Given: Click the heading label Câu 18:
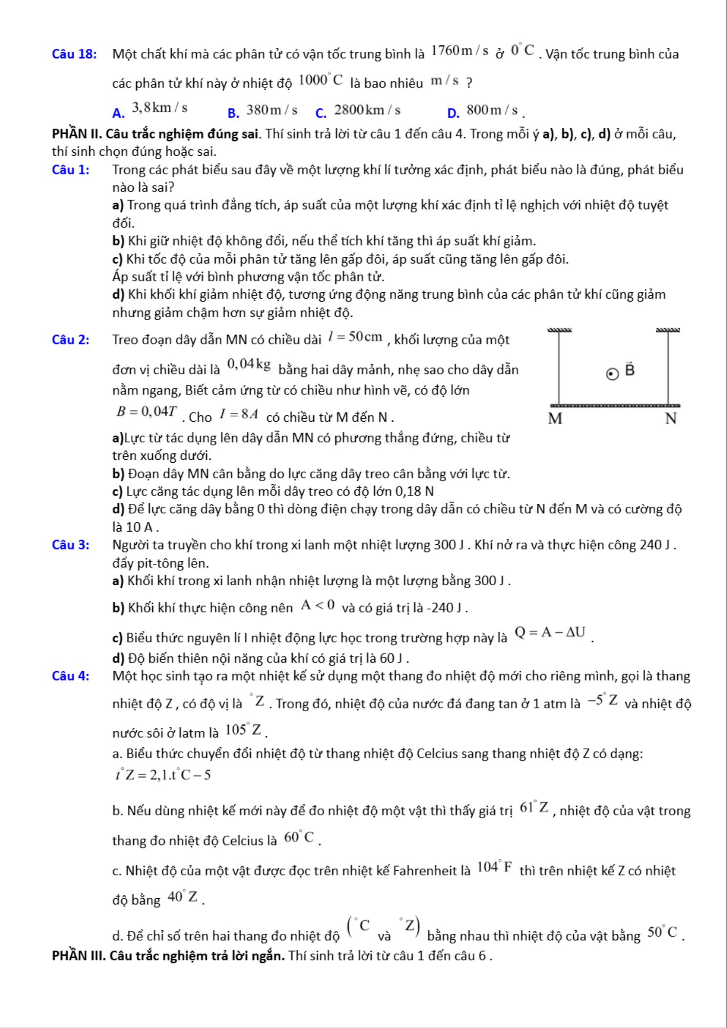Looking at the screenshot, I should [74, 54].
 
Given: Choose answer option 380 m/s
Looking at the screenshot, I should [271, 110].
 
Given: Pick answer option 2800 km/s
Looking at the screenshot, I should [367, 110].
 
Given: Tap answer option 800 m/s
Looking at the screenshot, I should [491, 110].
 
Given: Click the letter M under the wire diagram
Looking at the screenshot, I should [555, 419].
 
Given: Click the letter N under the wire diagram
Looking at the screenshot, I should [671, 419].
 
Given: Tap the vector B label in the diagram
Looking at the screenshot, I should [630, 370].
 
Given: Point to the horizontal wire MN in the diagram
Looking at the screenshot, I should [615, 406].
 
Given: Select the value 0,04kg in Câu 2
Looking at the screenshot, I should [249, 364].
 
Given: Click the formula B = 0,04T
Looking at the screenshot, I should [146, 411].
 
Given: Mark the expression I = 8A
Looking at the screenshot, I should [239, 414].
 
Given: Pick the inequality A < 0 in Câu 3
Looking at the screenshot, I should [318, 605].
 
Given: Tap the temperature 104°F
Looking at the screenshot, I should [494, 867].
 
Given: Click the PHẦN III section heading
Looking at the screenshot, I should [168, 955].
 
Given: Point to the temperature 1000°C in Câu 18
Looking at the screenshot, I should [321, 80].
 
